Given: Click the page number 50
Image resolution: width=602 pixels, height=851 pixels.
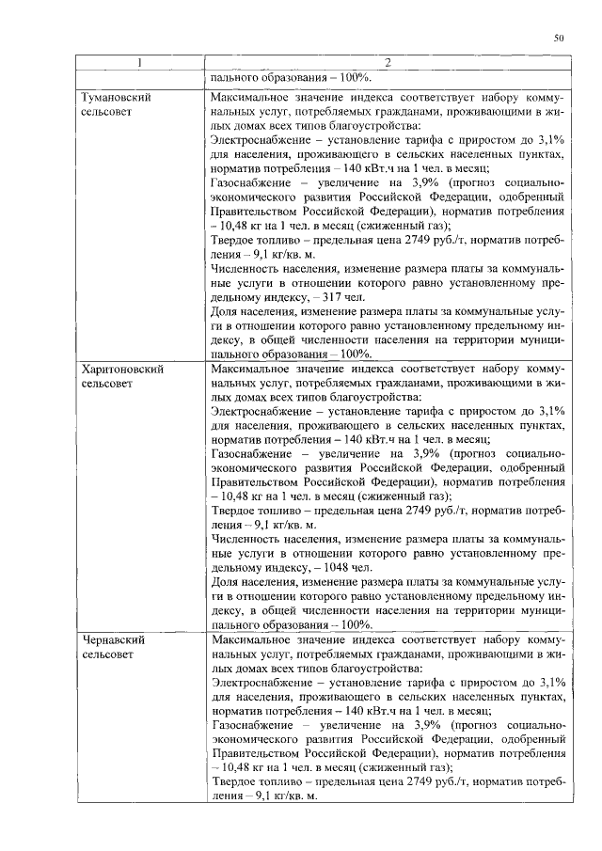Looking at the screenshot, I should [x=558, y=39].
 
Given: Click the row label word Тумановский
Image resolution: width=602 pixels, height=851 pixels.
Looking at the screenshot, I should [x=116, y=97].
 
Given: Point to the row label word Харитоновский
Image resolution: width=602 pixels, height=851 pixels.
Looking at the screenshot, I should [x=122, y=370].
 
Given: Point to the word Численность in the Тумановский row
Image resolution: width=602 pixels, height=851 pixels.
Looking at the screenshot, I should [x=247, y=268].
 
